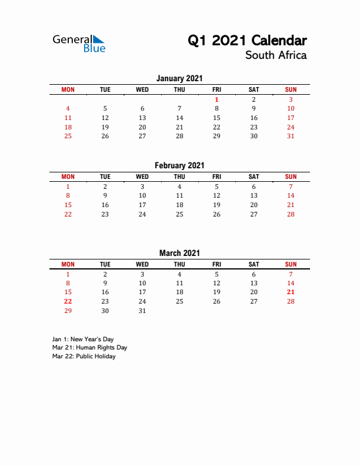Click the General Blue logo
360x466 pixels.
(x=79, y=44)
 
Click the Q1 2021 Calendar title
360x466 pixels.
(x=247, y=41)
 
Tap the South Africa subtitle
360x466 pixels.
(x=275, y=55)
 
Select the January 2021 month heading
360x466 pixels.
(x=179, y=78)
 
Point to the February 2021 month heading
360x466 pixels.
(x=179, y=166)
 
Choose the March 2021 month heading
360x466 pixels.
(x=179, y=253)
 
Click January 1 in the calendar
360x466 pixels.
(x=216, y=99)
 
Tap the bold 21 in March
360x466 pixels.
(x=291, y=292)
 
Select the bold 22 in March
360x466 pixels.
(x=68, y=301)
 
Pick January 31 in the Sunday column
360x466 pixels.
(x=291, y=136)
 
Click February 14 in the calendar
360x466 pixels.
(x=291, y=195)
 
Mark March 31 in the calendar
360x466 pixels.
(x=142, y=311)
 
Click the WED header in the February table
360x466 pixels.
(x=142, y=177)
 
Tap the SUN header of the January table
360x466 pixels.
(x=291, y=89)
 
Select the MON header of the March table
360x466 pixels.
(x=68, y=264)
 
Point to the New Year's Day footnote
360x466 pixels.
(x=83, y=339)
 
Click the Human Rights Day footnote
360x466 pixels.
(x=89, y=347)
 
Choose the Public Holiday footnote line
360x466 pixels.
(x=84, y=356)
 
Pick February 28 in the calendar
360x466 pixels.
(x=291, y=214)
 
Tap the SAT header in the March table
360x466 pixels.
(x=254, y=264)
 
